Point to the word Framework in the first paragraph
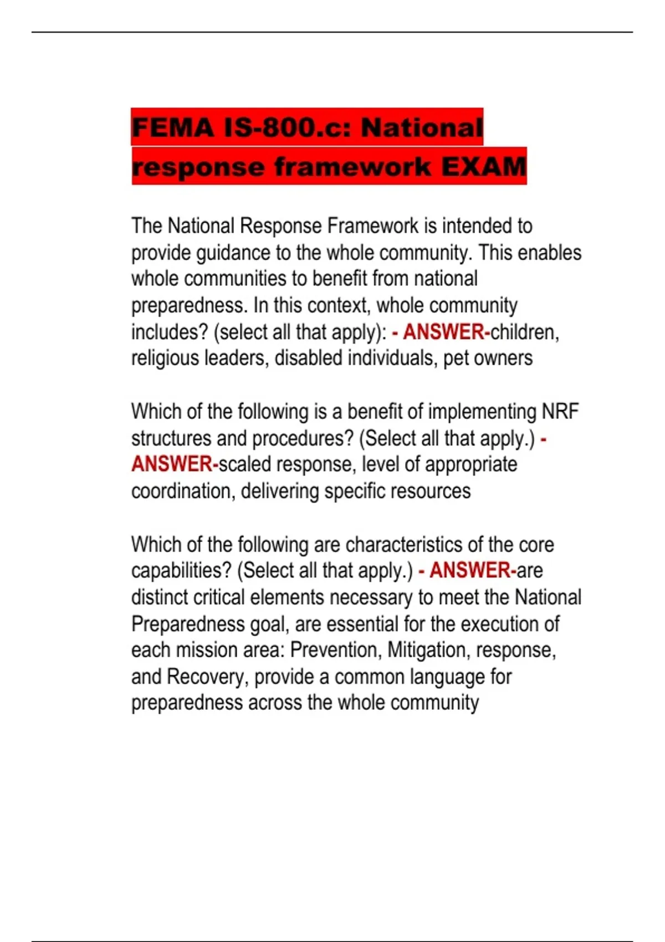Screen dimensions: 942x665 (x=372, y=226)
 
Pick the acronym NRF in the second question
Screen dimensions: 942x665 (x=560, y=412)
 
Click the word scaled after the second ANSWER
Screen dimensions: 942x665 (x=245, y=464)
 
